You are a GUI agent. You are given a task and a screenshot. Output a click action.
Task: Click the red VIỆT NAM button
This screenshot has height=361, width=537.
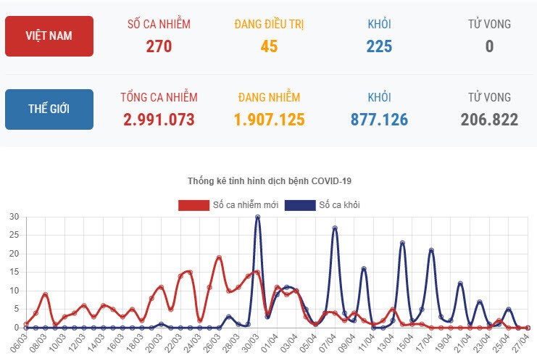click(49, 36)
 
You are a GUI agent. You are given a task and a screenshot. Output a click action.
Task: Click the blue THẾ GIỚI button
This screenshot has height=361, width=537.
click(49, 109)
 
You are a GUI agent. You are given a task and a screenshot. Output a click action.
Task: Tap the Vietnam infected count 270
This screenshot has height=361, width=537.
click(159, 47)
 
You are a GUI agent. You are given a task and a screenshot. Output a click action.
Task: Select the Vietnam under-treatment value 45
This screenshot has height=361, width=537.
click(269, 47)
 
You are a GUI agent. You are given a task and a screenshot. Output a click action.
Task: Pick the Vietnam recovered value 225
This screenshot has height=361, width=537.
click(379, 47)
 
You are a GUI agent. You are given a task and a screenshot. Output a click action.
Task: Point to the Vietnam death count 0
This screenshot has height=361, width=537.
click(489, 47)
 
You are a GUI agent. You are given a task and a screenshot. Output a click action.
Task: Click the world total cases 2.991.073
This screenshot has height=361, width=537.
click(159, 120)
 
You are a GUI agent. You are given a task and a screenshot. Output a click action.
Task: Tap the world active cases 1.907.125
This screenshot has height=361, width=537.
click(269, 120)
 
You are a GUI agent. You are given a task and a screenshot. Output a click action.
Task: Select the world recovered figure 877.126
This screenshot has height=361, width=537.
click(379, 120)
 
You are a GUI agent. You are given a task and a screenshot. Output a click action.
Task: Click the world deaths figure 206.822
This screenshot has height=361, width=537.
click(489, 120)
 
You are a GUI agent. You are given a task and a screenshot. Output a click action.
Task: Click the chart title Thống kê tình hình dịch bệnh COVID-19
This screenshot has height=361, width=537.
click(269, 180)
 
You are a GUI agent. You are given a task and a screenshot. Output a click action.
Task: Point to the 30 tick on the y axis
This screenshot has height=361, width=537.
click(14, 217)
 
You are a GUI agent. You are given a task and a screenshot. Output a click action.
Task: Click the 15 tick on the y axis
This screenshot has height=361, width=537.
click(14, 273)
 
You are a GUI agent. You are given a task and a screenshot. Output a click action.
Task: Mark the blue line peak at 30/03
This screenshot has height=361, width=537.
click(257, 217)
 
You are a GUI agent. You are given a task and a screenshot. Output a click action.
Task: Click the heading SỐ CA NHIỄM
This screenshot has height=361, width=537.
click(159, 25)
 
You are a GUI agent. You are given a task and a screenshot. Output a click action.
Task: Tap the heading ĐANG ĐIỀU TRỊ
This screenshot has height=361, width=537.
click(269, 25)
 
